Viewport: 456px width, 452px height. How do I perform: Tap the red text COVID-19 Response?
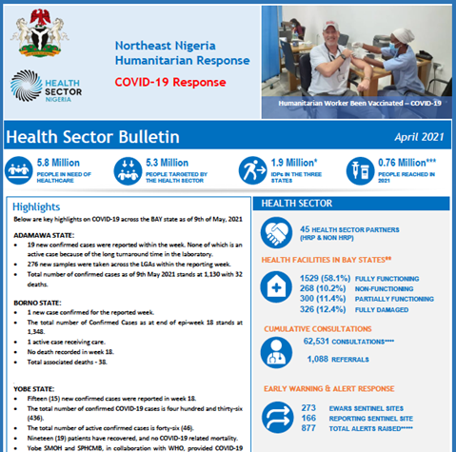point(170,81)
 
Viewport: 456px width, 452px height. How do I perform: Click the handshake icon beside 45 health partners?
point(279,234)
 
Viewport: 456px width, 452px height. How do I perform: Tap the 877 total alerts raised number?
point(307,429)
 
